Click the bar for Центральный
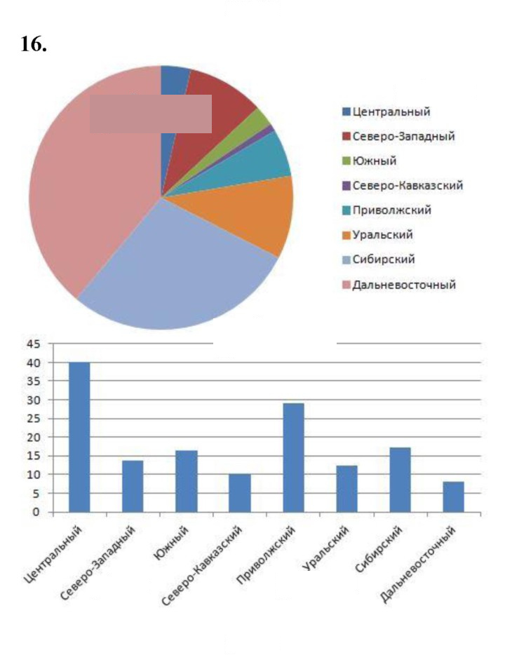79,437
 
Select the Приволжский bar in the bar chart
294,457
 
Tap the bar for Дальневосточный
454,497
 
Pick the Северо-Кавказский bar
240,493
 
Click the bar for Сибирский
400,480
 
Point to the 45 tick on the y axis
34,344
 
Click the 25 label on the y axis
34,419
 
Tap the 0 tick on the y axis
36,512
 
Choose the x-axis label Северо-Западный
98,562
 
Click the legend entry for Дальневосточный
399,285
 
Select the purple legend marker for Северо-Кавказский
346,185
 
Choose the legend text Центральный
391,112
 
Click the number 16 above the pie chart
34,44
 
